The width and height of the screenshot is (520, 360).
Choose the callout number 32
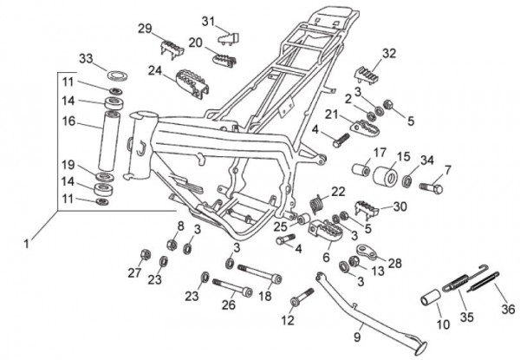coord(389,53)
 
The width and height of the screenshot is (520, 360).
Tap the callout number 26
coord(229,304)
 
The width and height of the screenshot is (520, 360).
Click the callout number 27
coord(133,272)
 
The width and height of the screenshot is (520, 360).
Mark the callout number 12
coord(289,321)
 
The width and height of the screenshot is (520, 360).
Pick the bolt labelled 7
coord(431,186)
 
